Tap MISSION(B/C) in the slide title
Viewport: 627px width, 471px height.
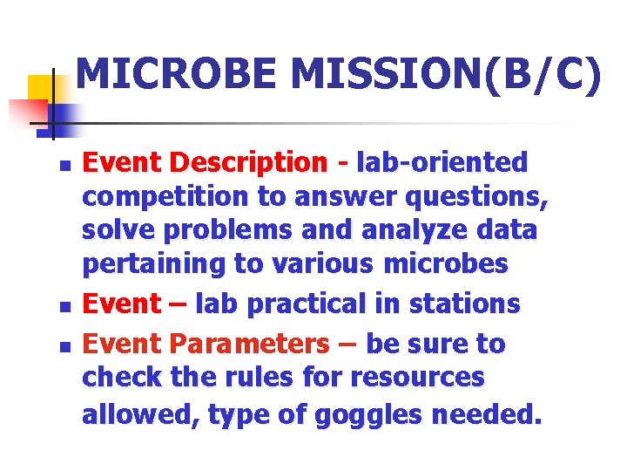pos(445,74)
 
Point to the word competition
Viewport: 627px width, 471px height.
pos(165,197)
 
